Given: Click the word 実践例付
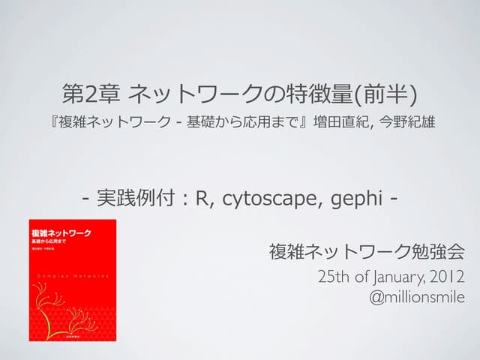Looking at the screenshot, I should click(x=140, y=199).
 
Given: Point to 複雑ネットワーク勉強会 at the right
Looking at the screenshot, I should click(x=367, y=250).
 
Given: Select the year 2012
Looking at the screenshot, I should click(x=448, y=277).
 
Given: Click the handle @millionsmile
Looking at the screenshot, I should click(x=417, y=297).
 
